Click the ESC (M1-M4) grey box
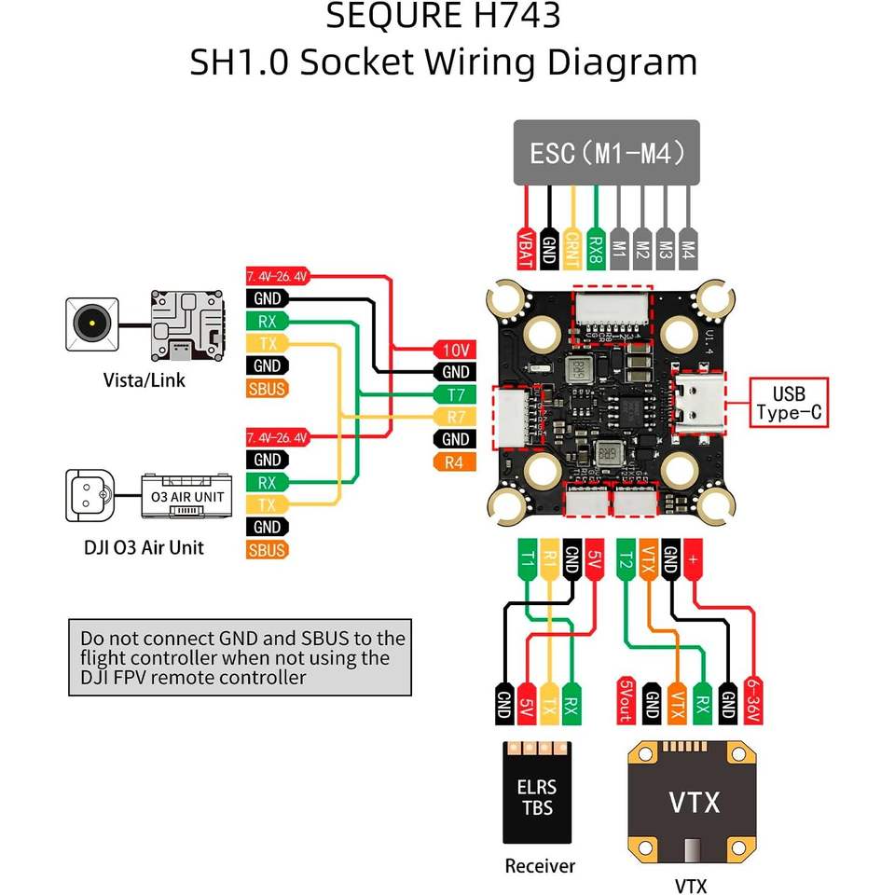coord(606,152)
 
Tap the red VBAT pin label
coord(527,250)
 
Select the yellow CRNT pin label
coord(572,250)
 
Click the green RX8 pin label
coord(595,250)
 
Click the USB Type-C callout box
coord(788,403)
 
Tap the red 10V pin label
coord(455,351)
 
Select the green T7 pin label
coord(455,394)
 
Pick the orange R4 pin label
coord(455,462)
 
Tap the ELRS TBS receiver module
coord(537,792)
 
